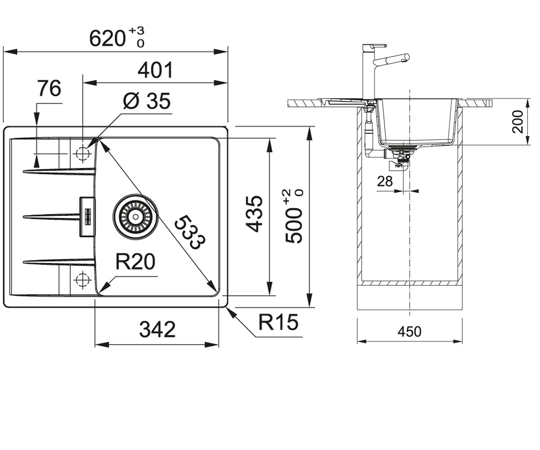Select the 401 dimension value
point(155,70)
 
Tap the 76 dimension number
point(49,89)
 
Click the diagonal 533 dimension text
point(190,232)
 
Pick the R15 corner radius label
point(278,322)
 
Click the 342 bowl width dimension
point(157,329)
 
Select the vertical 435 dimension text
point(254,214)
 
